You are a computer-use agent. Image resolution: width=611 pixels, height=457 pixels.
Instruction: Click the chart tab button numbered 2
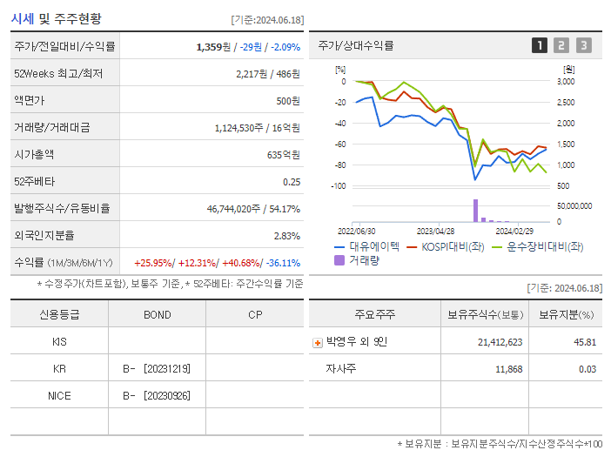pyautogui.click(x=561, y=45)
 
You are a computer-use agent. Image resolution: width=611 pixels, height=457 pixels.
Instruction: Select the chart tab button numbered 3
pyautogui.click(x=583, y=45)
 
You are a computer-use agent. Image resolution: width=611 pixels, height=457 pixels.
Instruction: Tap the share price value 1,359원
pyautogui.click(x=217, y=46)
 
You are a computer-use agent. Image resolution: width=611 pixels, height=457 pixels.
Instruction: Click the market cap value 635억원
pyautogui.click(x=283, y=155)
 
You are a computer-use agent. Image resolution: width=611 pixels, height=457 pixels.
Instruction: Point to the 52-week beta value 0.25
pyautogui.click(x=292, y=182)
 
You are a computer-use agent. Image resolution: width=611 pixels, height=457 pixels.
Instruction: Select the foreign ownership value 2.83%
pyautogui.click(x=287, y=236)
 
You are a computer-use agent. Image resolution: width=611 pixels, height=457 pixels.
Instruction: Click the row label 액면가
pyautogui.click(x=30, y=101)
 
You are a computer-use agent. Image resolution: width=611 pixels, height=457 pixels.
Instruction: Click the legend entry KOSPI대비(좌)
pyautogui.click(x=453, y=246)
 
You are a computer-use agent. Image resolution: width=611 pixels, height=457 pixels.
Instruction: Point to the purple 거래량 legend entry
pyautogui.click(x=359, y=259)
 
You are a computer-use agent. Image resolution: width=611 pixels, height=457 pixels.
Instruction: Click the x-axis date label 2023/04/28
pyautogui.click(x=435, y=232)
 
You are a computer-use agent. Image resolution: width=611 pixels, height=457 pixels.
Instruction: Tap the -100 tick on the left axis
pyautogui.click(x=339, y=186)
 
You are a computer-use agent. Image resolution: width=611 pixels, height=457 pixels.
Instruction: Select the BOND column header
pyautogui.click(x=157, y=314)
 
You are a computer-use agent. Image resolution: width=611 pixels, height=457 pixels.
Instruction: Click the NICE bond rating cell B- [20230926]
pyautogui.click(x=157, y=396)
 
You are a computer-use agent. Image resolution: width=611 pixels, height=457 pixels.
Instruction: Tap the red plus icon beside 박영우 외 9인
pyautogui.click(x=317, y=342)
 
